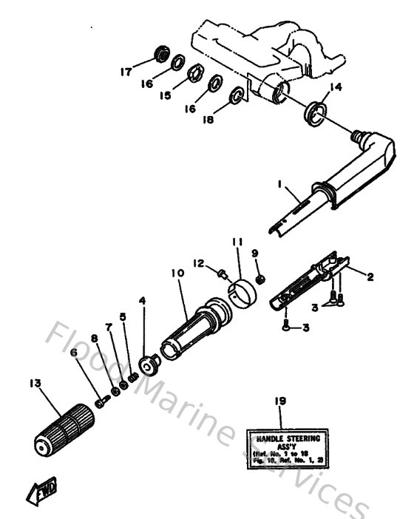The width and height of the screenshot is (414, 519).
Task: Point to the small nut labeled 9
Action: (260, 279)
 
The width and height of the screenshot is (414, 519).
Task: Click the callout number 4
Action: (143, 301)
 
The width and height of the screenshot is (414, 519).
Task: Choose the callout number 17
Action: (126, 72)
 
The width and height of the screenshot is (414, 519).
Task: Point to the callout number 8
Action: (95, 339)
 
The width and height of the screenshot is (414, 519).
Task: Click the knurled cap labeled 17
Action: (158, 54)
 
